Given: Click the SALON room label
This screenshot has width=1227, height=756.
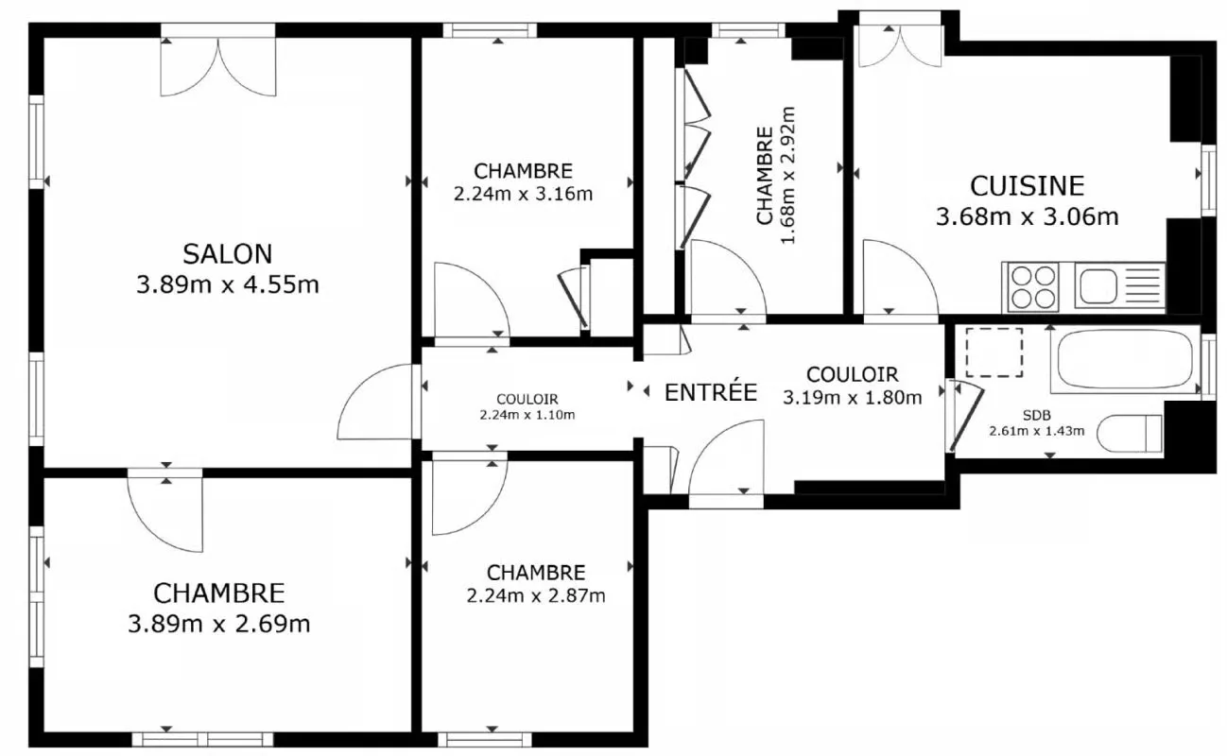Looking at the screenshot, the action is click(x=227, y=254).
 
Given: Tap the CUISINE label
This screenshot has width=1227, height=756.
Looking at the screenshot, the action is click(x=1027, y=186).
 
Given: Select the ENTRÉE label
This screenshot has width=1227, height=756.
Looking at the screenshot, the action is click(x=711, y=392).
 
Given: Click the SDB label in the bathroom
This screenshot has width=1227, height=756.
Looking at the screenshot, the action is click(x=1036, y=416).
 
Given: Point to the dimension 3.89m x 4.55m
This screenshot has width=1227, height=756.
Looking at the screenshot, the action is click(x=227, y=284).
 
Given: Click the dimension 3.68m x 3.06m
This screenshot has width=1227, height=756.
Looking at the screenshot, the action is click(x=1027, y=216).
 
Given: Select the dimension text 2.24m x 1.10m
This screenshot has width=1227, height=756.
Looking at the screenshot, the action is click(x=527, y=415).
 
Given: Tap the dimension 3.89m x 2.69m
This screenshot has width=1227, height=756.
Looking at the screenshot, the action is click(x=218, y=624).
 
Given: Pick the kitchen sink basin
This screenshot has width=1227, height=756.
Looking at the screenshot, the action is click(x=1097, y=286).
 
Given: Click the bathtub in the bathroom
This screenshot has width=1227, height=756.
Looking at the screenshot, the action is click(x=1125, y=359).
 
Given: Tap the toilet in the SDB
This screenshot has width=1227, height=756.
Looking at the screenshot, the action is click(x=1130, y=434).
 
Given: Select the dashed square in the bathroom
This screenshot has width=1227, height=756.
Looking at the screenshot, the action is click(x=994, y=352).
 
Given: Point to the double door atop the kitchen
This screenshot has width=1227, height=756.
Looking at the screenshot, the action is click(x=900, y=40).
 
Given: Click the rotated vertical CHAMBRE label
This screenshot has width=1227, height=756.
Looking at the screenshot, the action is click(x=765, y=176).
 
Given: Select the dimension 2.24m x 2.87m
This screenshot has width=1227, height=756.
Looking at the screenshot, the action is click(x=536, y=595).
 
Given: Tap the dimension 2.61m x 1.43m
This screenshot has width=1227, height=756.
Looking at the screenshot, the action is click(x=1036, y=431).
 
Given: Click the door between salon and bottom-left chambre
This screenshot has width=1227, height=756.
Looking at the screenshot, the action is click(x=165, y=510).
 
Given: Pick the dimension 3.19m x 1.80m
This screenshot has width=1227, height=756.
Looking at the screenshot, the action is click(x=853, y=398).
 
